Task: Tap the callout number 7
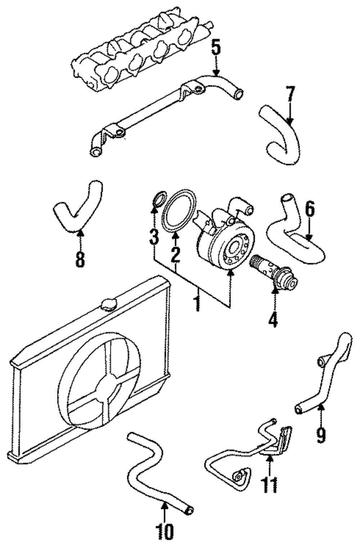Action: (x=291, y=94)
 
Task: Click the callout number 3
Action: (x=154, y=236)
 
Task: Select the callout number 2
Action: (x=175, y=254)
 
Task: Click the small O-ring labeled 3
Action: (x=159, y=198)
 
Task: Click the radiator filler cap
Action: (x=109, y=305)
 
